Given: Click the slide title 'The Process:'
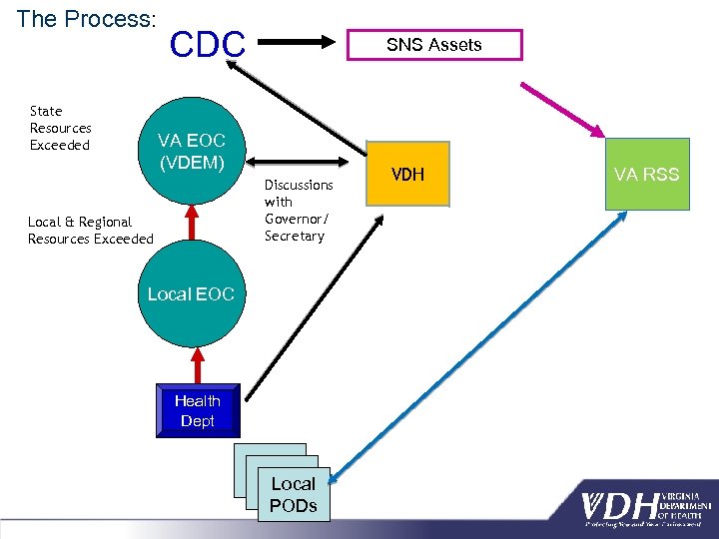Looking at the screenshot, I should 86,19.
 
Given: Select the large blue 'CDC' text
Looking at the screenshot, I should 207,45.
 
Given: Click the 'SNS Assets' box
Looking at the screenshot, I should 433,45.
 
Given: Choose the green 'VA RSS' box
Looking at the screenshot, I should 646,175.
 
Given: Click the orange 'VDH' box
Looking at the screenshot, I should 407,175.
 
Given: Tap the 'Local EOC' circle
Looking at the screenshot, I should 191,294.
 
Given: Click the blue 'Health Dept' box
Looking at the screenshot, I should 198,410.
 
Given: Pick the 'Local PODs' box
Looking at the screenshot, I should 293,493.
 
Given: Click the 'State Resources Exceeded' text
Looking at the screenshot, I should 61,129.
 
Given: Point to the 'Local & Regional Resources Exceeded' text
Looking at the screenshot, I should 91,231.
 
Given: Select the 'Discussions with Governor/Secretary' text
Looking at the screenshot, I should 299,211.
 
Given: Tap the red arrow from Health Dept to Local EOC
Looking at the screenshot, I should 191,363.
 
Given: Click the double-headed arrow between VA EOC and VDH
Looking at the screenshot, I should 304,159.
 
